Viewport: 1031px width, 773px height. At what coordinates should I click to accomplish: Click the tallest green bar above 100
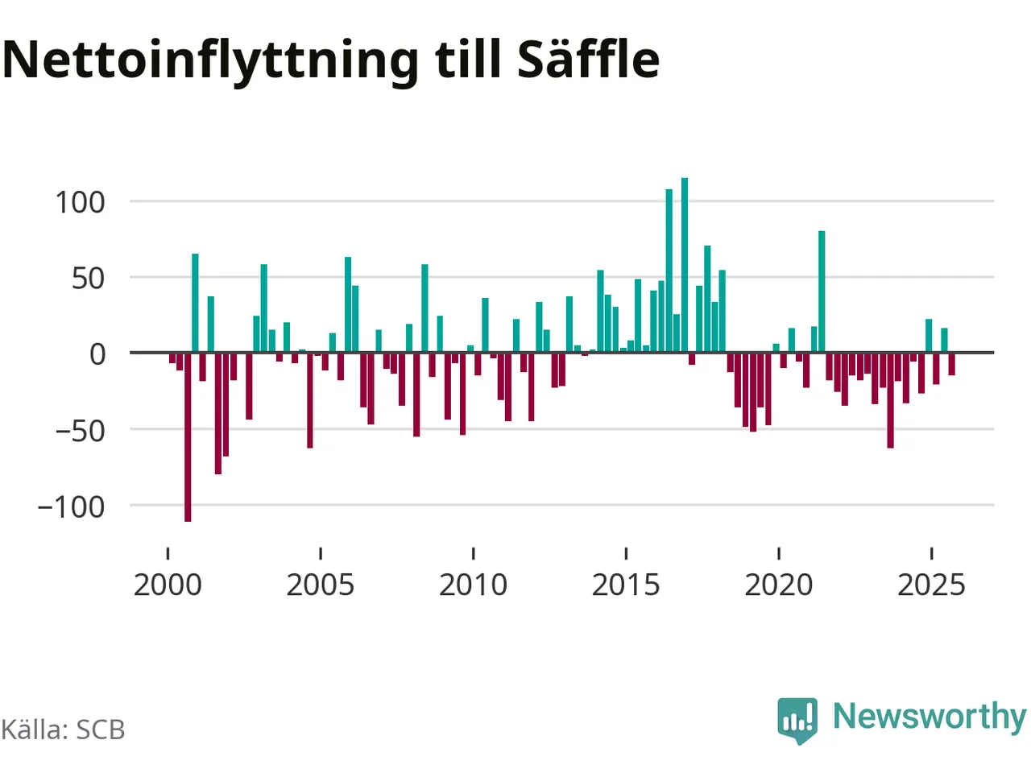click(x=685, y=265)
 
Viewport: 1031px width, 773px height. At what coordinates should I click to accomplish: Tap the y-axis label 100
click(x=80, y=202)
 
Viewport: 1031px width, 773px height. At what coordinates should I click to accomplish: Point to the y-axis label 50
click(x=88, y=279)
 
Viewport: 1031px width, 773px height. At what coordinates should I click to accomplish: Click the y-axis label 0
click(x=97, y=354)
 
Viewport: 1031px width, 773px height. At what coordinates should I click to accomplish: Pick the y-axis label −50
click(x=80, y=431)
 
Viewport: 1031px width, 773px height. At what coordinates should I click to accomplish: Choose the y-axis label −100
click(x=71, y=507)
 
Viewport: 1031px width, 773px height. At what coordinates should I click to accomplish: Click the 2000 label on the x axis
click(x=168, y=585)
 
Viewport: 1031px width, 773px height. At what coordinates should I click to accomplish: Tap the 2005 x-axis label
click(x=321, y=585)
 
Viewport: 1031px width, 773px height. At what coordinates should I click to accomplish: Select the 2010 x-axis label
click(x=473, y=585)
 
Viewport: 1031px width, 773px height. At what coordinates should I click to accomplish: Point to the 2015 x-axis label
click(x=626, y=585)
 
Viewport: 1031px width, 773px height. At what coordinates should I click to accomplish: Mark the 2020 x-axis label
click(x=779, y=585)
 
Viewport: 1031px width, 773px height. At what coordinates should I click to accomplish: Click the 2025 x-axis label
click(x=931, y=585)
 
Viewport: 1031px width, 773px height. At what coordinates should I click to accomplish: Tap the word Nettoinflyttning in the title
click(x=211, y=60)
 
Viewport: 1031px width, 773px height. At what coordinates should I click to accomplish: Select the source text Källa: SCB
click(x=63, y=730)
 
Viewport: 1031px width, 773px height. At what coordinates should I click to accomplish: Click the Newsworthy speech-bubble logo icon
click(x=797, y=718)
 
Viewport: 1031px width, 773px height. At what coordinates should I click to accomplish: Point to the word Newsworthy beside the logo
click(x=929, y=716)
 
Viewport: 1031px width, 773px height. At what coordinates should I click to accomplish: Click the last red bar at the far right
click(x=952, y=364)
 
